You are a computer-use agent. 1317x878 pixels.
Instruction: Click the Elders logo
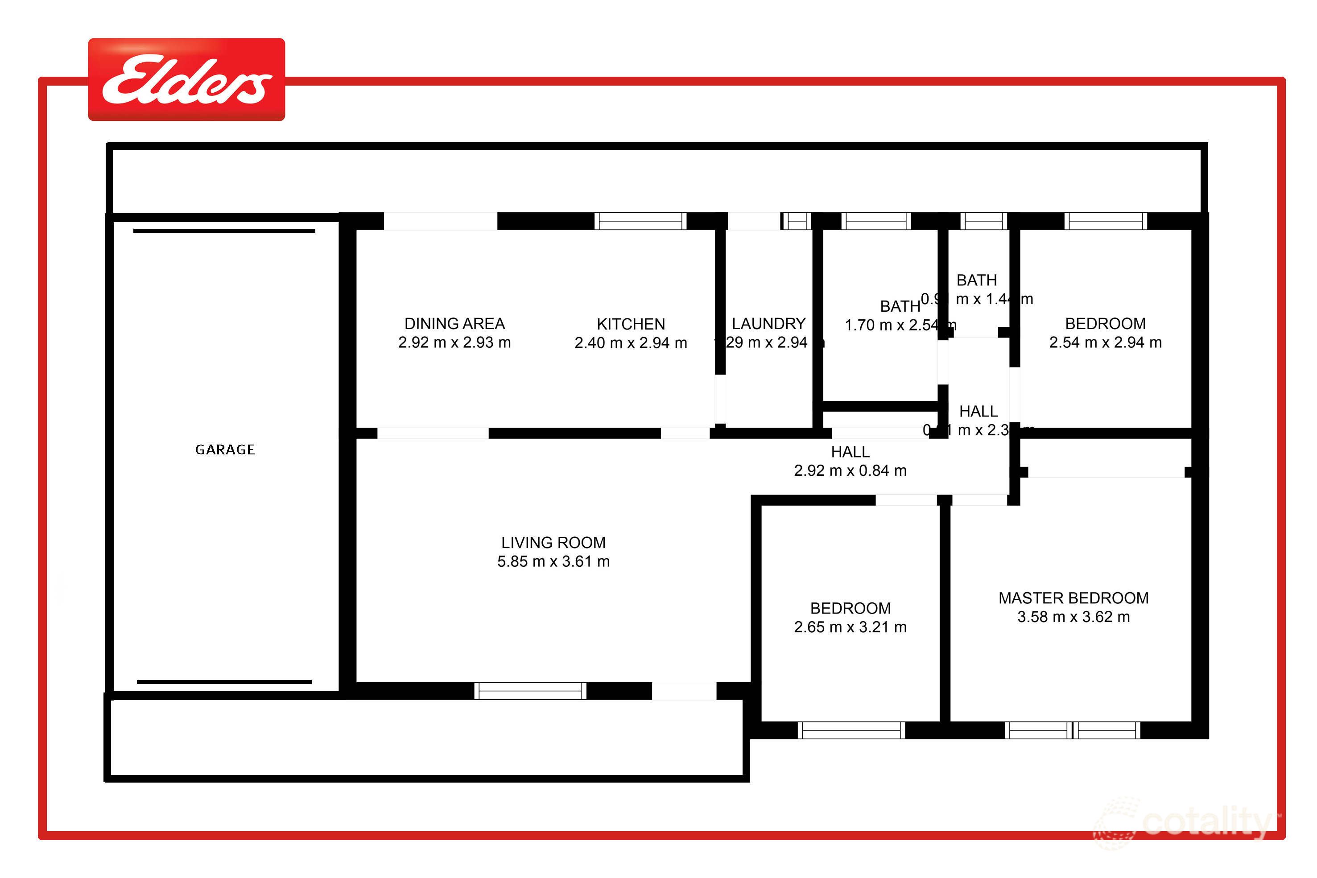(186, 79)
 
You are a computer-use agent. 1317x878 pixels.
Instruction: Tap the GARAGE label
(225, 449)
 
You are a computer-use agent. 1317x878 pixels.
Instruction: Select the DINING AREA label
(454, 324)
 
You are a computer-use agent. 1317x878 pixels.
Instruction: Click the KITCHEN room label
(631, 324)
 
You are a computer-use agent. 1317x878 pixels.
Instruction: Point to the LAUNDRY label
(768, 324)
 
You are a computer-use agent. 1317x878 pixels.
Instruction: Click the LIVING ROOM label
(553, 543)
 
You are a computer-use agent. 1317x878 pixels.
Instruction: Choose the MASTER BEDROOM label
(1073, 598)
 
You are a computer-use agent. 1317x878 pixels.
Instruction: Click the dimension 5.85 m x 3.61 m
(553, 562)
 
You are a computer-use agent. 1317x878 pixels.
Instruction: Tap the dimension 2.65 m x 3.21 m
(850, 627)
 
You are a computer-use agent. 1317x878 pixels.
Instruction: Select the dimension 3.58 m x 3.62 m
(1073, 617)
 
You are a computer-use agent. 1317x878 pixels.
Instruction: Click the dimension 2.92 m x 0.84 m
(850, 471)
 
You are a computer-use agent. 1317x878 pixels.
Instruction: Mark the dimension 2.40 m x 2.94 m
(631, 343)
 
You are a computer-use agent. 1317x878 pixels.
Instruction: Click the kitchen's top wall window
(640, 221)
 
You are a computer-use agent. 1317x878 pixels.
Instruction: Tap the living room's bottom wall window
(530, 691)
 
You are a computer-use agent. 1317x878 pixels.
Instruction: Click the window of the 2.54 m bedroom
(1105, 221)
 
